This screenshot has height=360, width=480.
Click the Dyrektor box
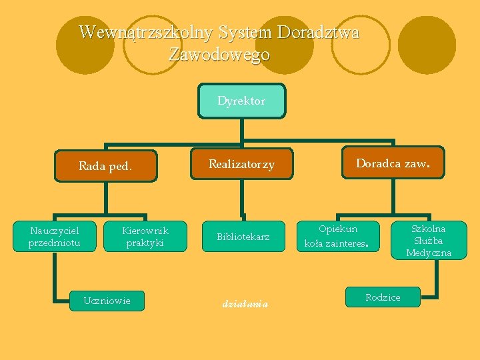coord(241,101)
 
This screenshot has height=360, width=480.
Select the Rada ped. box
coord(105,166)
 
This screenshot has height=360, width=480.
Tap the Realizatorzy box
coord(241,164)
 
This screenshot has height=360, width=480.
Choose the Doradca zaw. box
coord(393,163)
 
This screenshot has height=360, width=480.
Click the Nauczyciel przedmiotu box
coord(54,237)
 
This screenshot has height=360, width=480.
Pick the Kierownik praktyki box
coord(145,237)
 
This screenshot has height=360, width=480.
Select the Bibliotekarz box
coord(243,237)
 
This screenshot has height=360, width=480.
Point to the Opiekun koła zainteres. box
coord(337,236)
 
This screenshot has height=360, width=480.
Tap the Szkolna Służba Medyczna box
coord(429,240)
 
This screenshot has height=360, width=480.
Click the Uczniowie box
coord(107,301)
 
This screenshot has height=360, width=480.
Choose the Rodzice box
coord(383,297)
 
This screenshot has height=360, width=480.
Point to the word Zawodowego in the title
coord(219,55)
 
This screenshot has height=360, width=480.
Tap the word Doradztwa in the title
coord(318,33)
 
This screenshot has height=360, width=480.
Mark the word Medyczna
coord(429,253)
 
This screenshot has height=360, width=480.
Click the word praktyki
coord(145,243)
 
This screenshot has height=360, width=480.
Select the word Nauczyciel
coord(54,231)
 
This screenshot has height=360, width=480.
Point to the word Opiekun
coord(337,229)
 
